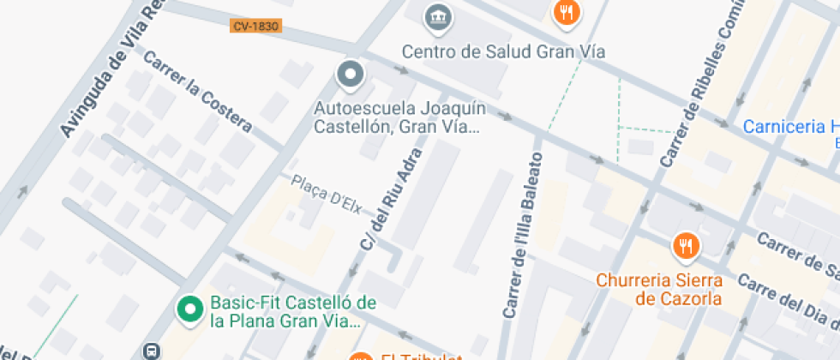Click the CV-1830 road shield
pos(255,26)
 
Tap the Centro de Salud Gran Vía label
pos(503,51)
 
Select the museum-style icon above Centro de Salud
pos(438,15)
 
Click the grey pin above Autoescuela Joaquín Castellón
pos(350,75)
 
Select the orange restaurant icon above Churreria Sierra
pos(686,247)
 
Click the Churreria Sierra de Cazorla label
pos(659,289)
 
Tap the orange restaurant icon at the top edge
pos(566,12)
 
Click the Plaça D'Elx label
pos(327,194)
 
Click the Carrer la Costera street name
pos(198,93)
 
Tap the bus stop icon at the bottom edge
pos(153,351)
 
